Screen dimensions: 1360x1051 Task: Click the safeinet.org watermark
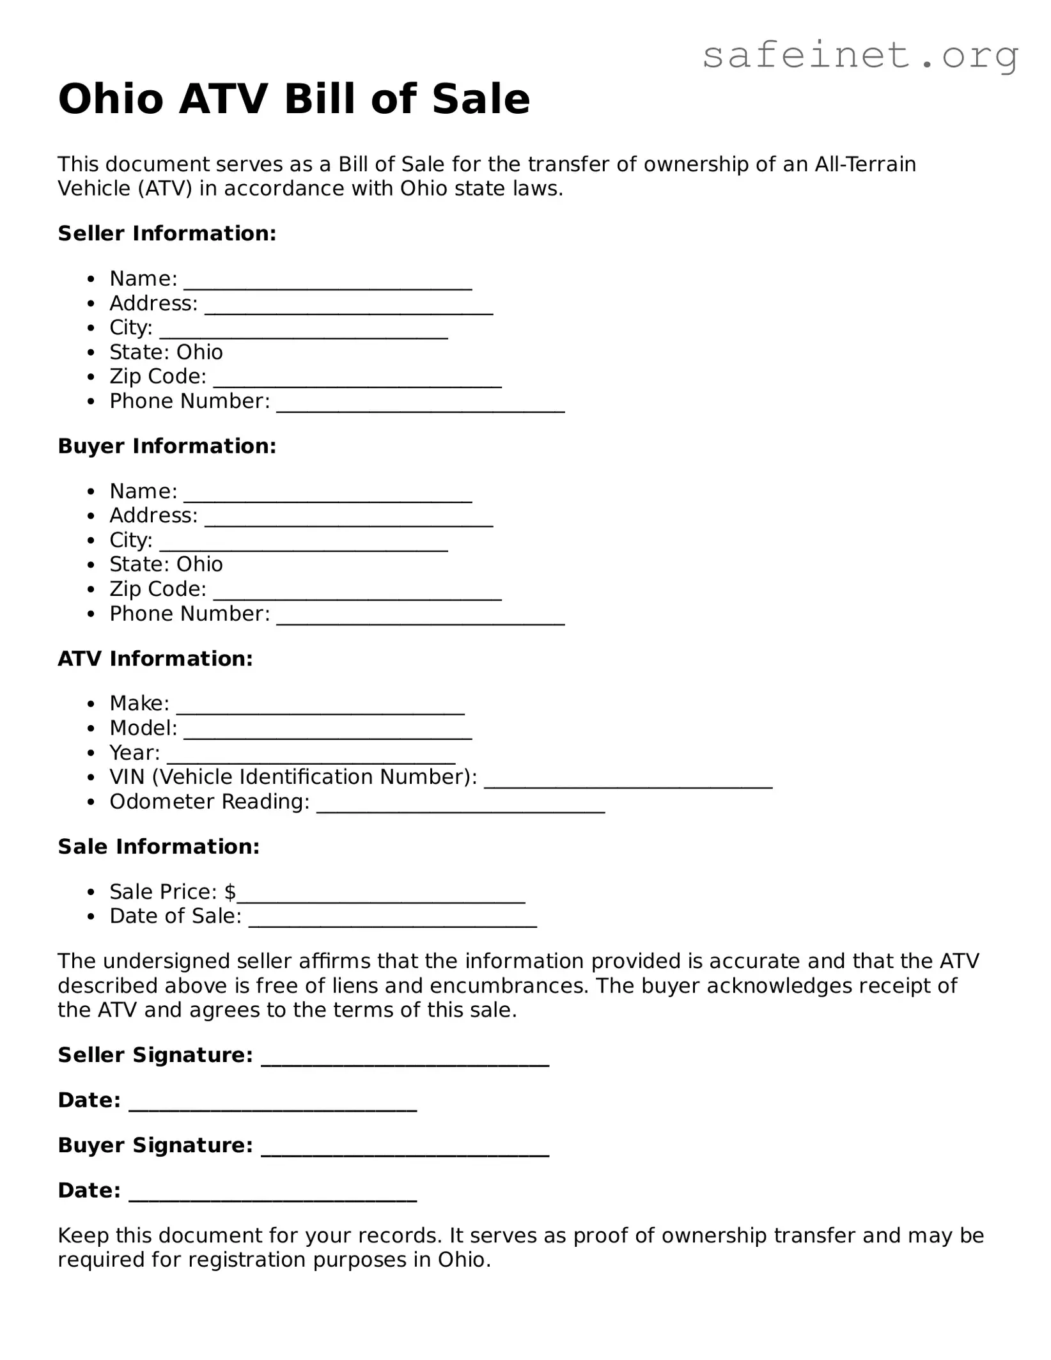tap(860, 56)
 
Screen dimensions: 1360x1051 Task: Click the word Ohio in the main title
tap(111, 100)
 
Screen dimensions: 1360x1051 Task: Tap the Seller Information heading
tap(167, 234)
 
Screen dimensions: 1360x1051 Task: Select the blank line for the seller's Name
tap(328, 283)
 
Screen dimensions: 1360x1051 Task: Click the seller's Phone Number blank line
tap(421, 405)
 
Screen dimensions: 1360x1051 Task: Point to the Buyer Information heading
tap(167, 446)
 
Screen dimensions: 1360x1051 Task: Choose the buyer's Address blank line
tap(349, 519)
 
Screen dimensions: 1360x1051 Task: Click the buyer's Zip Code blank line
tap(357, 593)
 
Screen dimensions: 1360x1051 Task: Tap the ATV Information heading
tap(155, 659)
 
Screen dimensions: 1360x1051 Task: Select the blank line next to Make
tap(320, 707)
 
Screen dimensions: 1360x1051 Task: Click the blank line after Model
tap(328, 732)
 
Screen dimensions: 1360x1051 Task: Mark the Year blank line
tap(311, 756)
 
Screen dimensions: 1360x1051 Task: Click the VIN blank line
tap(628, 781)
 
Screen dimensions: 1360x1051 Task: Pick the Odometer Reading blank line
tap(461, 806)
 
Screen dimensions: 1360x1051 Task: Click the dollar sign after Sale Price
tap(230, 892)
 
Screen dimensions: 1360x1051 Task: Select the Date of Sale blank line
tap(393, 920)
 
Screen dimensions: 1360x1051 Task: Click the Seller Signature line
tap(405, 1059)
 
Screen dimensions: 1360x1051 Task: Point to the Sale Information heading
tap(159, 847)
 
